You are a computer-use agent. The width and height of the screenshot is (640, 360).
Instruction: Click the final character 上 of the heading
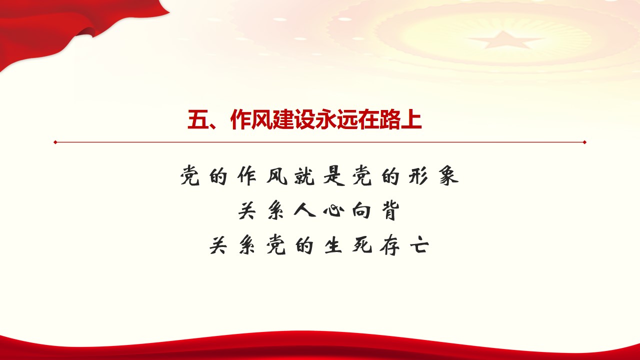pos(411,119)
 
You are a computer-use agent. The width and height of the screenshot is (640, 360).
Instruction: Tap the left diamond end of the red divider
pos(55,142)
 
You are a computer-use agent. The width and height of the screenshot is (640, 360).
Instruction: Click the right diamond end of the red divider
pos(584,142)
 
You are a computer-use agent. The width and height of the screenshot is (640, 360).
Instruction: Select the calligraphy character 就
pos(304,176)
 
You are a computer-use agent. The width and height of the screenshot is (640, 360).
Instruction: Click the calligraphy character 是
pos(333,176)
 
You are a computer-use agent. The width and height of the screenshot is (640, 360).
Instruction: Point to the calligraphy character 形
pos(418,176)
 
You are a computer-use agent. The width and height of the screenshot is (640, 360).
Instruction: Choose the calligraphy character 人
pos(304,210)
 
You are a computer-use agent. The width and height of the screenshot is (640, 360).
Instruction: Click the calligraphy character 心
pos(333,210)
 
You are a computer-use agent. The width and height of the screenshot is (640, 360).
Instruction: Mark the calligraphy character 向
pos(361,210)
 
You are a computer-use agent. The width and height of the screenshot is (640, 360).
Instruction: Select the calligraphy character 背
pos(390,210)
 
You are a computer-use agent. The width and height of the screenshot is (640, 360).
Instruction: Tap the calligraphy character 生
pos(333,245)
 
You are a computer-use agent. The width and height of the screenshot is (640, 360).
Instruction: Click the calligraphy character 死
pos(361,245)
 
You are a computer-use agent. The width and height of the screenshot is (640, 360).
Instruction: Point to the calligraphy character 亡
pos(419,245)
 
